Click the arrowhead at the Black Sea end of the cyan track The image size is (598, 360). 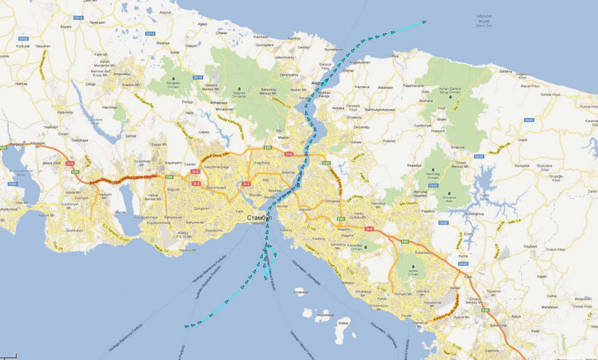[423, 22]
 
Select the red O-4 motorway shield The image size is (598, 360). [369, 228]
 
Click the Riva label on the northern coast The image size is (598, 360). [394, 56]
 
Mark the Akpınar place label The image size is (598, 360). [165, 12]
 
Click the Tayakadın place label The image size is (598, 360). [98, 22]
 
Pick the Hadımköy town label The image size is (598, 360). [65, 112]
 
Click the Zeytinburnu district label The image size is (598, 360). [214, 230]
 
